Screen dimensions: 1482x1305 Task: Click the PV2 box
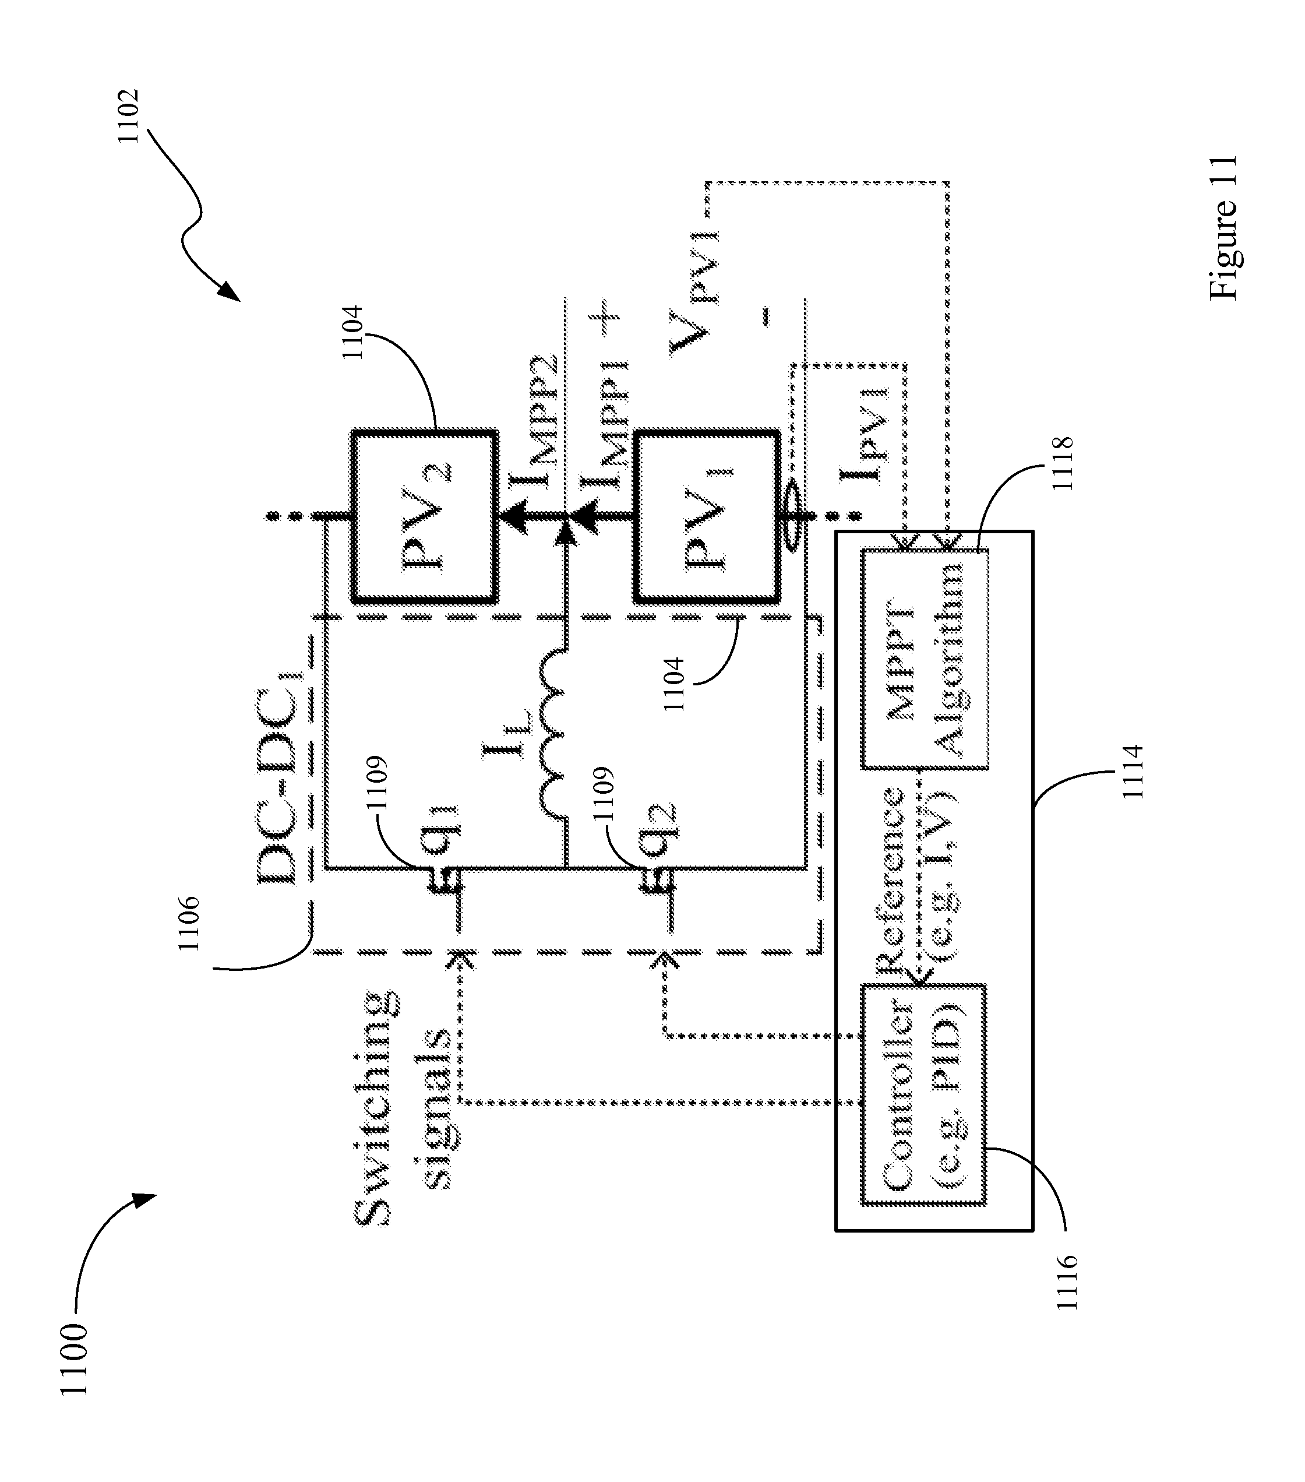(x=425, y=516)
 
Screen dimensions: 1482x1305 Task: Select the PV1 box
(x=707, y=516)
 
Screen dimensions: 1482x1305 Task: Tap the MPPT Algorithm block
(x=925, y=659)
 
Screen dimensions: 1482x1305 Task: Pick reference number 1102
(x=129, y=116)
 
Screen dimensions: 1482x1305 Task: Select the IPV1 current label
(x=863, y=435)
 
